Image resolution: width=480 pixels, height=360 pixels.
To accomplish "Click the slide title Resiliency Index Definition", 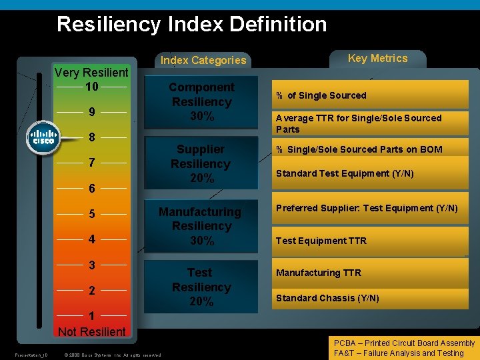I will click(x=192, y=25).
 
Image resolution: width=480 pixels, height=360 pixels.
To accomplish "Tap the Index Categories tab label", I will click(x=203, y=60).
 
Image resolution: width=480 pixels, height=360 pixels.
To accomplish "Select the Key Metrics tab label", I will click(x=377, y=58).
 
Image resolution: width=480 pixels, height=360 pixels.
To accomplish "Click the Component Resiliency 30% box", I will click(x=201, y=102).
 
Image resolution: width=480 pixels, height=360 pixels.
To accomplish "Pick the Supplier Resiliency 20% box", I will click(x=201, y=164).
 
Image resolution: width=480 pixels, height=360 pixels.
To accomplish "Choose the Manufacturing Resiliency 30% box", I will click(x=201, y=226).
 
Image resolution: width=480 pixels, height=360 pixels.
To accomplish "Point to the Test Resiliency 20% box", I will click(x=201, y=287).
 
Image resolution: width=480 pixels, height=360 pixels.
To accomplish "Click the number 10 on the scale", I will click(x=92, y=87).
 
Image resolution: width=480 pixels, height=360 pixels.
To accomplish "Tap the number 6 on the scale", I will click(x=92, y=189).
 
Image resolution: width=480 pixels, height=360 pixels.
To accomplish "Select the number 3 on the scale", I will click(x=92, y=265).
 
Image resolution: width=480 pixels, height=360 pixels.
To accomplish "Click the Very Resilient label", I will click(x=91, y=72).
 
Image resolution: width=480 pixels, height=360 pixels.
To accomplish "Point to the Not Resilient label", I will click(x=91, y=331).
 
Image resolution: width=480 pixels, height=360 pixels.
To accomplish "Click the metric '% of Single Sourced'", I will click(x=321, y=95).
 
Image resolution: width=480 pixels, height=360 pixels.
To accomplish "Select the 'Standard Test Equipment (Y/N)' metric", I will click(x=345, y=173).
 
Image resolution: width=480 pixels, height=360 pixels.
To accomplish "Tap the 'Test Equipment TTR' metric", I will click(x=321, y=241).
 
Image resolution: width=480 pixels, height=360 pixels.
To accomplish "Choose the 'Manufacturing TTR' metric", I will click(x=319, y=273).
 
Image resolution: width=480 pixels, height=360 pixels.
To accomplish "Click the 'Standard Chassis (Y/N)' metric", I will click(x=327, y=298).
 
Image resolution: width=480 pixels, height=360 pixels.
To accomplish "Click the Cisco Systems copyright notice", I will click(x=112, y=355).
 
